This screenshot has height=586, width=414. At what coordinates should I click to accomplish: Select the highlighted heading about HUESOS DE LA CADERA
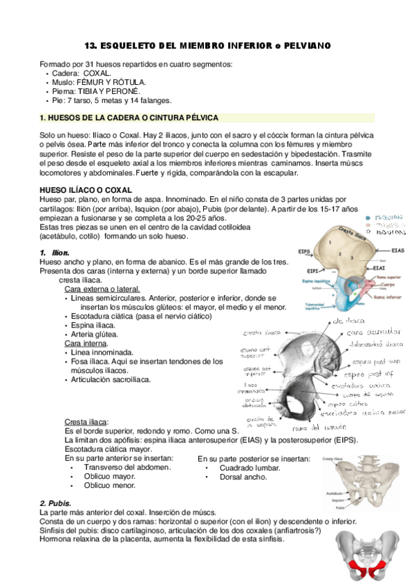pyautogui.click(x=130, y=118)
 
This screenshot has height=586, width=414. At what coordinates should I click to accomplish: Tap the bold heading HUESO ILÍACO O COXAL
pyautogui.click(x=86, y=190)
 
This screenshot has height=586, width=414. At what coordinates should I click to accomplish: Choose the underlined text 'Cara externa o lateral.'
pyautogui.click(x=102, y=289)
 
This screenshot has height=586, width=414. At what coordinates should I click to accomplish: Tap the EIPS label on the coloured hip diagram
pyautogui.click(x=303, y=252)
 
